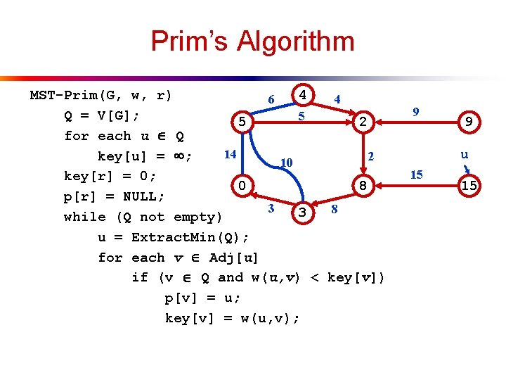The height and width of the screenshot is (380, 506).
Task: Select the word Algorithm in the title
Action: pyautogui.click(x=296, y=42)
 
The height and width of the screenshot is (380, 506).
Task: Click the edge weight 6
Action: pyautogui.click(x=271, y=100)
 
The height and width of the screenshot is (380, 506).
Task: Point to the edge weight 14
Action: pyautogui.click(x=230, y=153)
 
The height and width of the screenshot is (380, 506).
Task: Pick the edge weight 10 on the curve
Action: pyautogui.click(x=285, y=163)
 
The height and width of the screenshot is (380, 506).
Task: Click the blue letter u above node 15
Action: pyautogui.click(x=465, y=154)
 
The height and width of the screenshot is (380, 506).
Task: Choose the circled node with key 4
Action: pyautogui.click(x=301, y=94)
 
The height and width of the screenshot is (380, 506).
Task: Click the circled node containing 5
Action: pyautogui.click(x=241, y=122)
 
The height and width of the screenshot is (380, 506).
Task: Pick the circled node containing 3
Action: pyautogui.click(x=301, y=212)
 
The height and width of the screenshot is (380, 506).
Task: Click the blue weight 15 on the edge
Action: pyautogui.click(x=416, y=174)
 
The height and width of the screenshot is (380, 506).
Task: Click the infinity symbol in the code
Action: pyautogui.click(x=183, y=156)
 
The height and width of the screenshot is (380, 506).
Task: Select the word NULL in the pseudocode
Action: pyautogui.click(x=140, y=196)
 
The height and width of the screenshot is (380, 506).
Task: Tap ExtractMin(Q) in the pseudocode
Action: pyautogui.click(x=190, y=236)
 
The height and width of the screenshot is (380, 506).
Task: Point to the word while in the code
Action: pyautogui.click(x=84, y=217)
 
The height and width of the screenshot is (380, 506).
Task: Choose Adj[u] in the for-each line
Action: pyautogui.click(x=234, y=257)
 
